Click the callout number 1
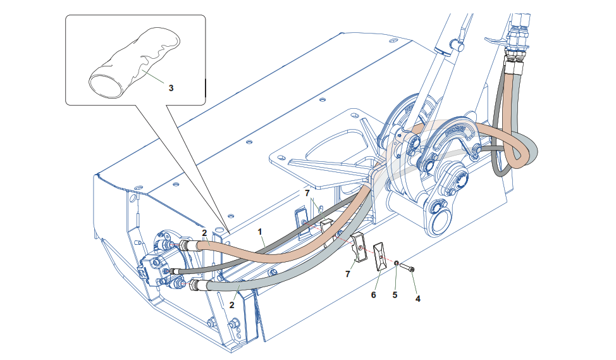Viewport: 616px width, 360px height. pos(261,232)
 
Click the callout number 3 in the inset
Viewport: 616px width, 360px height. pos(171,88)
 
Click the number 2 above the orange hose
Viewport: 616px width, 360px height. pos(204,233)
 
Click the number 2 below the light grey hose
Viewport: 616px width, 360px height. pos(232,304)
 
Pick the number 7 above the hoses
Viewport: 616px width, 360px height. pos(307,192)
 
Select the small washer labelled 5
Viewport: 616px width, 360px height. pos(395,263)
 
